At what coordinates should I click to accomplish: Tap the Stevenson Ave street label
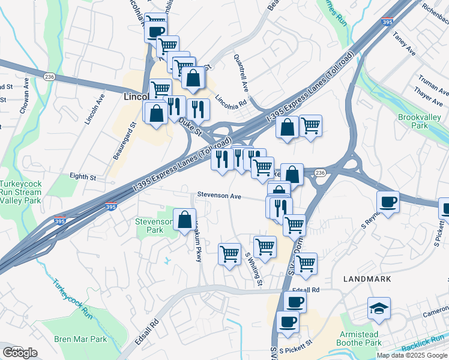pos(219,196)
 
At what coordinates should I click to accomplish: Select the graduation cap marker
pos(379,308)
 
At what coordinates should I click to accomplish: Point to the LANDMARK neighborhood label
pos(367,279)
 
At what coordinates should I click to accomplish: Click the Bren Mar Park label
pos(80,339)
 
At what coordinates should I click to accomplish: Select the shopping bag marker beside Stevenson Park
pos(184,220)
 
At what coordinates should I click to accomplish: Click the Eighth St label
pos(83,177)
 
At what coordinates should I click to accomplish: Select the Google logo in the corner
pos(20,353)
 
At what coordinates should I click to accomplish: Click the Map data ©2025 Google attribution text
pos(412,355)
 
